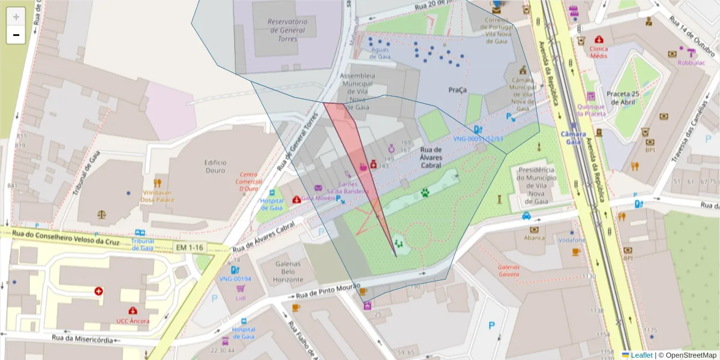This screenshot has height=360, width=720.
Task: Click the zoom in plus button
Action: point(16,16)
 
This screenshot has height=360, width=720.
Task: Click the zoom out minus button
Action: point(16,35)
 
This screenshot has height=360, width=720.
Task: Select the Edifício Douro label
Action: point(215,166)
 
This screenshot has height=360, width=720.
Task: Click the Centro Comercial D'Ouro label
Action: point(249,181)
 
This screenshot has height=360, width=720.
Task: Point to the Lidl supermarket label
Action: point(241,298)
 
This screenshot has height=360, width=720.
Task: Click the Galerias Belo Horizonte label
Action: point(287,272)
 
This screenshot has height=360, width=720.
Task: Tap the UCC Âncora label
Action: point(133,320)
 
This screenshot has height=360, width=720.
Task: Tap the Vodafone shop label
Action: point(572,240)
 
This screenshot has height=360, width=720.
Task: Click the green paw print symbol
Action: point(425,193)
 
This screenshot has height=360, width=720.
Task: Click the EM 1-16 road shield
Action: point(188,247)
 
